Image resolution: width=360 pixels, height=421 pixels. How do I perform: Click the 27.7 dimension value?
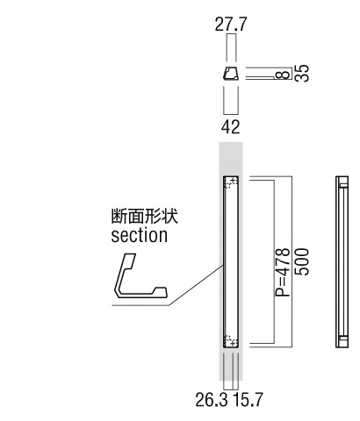pos(231,25)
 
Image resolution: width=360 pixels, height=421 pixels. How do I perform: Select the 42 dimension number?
pos(231,127)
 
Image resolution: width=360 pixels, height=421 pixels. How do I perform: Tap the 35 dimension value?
pos(302,73)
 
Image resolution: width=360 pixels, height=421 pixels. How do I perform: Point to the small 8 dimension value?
pos(283,75)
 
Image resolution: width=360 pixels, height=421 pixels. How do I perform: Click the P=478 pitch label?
pos(283,273)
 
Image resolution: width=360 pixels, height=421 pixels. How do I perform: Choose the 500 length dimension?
pos(302,262)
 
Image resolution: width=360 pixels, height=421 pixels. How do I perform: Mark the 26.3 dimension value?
pos(212,400)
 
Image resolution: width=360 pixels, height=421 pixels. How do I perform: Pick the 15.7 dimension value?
pos(248,400)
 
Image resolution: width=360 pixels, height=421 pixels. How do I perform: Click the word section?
pos(140,235)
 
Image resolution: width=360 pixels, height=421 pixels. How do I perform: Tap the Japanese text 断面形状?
pos(145,217)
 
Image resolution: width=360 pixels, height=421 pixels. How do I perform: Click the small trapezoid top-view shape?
pos(231,74)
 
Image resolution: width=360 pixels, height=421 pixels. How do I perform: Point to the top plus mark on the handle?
pos(233,180)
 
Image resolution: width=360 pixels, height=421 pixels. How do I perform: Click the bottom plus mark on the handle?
pos(233,343)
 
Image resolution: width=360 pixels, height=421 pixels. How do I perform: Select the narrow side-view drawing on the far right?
pos(342,261)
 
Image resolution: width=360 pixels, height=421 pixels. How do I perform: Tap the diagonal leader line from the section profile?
pos(197,285)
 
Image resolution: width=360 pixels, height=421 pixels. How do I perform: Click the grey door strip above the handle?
pos(231,159)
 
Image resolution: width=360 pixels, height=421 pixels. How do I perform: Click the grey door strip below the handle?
pos(231,364)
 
